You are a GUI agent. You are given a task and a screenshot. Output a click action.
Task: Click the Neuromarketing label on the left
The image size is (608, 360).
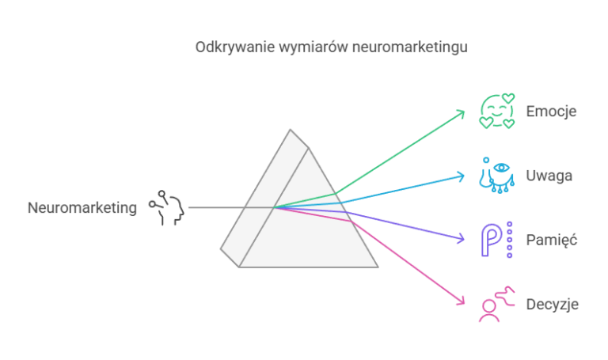(82, 208)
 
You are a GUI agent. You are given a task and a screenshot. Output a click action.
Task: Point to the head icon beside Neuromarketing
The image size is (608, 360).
(167, 208)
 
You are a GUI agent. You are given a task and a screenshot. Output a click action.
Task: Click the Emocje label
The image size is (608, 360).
(551, 112)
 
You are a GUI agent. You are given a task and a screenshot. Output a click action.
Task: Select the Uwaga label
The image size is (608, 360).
(549, 176)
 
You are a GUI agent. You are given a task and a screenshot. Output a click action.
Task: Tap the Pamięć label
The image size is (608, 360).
(551, 240)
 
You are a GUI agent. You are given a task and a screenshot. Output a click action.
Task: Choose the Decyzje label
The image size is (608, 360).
(552, 304)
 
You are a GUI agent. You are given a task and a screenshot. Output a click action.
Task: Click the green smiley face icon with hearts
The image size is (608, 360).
(497, 111)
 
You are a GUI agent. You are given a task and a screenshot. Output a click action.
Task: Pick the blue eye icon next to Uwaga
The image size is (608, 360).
(497, 175)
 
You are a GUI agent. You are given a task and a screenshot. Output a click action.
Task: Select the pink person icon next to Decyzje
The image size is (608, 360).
(497, 304)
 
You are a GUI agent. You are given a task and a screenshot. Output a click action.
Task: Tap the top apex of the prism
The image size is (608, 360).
(290, 130)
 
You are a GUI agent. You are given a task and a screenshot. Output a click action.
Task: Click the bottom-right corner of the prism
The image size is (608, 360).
(378, 267)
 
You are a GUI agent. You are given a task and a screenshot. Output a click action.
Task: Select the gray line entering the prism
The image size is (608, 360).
(231, 207)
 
